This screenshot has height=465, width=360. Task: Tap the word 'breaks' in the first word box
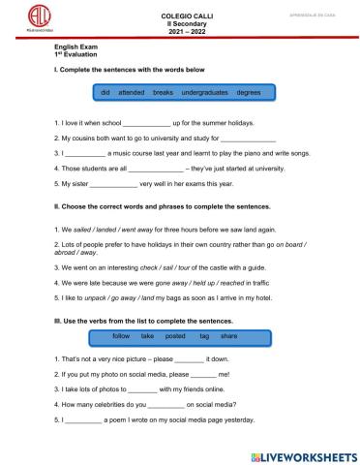163,91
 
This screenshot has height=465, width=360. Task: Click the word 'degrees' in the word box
249,91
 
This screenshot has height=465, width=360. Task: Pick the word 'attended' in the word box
131,91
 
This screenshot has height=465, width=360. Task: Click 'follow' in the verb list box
121,335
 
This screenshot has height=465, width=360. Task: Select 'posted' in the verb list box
175,335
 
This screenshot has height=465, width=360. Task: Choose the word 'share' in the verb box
228,335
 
